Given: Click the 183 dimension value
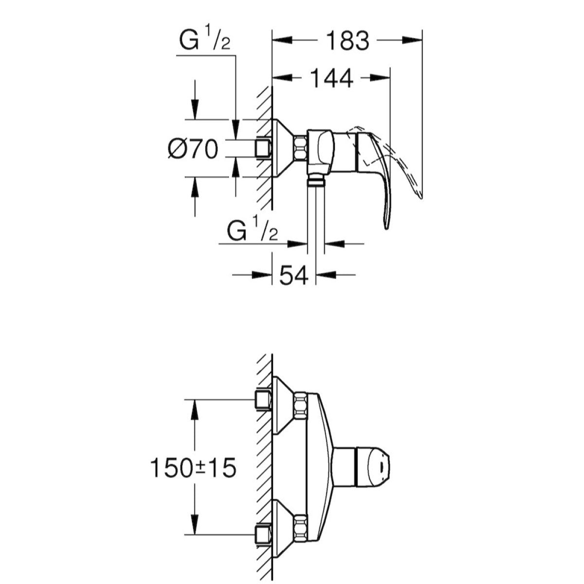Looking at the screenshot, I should point(347,41).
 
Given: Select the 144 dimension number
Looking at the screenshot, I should point(331,78).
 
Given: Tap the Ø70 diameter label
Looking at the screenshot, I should point(193,148).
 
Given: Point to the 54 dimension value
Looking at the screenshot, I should point(293,276).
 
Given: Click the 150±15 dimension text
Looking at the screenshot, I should point(193,468).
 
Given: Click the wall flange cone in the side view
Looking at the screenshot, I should point(282,148).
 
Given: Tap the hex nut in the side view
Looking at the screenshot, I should point(300,148).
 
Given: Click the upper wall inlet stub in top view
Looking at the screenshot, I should point(263,400).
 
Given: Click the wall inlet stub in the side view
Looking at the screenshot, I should point(263,148).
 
